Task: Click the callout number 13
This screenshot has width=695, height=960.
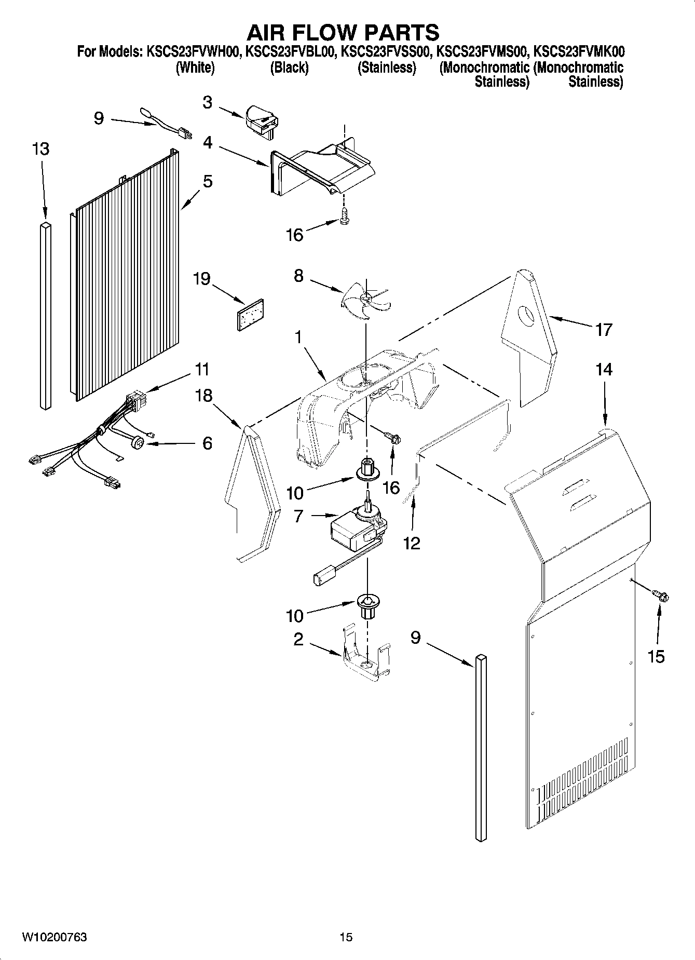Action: coord(40,149)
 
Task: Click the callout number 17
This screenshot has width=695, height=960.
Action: coord(604,329)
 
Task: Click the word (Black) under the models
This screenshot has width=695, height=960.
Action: coord(289,67)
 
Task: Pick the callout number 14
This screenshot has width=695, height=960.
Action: coord(604,370)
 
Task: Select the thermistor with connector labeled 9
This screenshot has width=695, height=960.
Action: coord(165,125)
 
